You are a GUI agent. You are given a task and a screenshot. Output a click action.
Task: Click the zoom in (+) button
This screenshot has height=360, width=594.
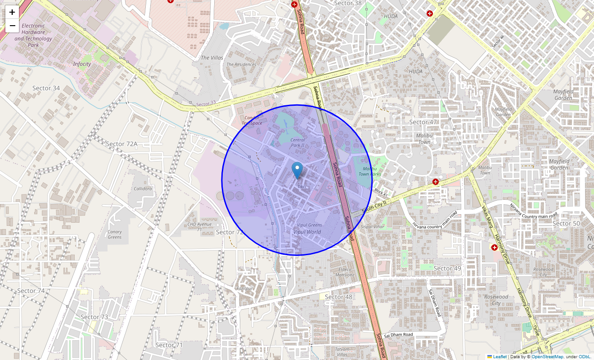click(12, 13)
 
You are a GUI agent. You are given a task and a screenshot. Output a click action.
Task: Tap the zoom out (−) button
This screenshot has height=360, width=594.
click(12, 26)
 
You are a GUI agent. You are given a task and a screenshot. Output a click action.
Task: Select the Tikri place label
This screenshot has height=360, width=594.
click(301, 186)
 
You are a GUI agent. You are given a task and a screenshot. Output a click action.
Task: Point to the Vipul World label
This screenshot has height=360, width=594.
click(307, 232)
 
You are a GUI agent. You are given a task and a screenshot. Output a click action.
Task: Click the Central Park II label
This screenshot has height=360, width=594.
click(297, 143)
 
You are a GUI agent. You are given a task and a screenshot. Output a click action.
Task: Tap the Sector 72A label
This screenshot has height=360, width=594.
click(121, 144)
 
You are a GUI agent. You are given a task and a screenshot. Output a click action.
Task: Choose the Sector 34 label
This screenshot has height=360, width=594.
click(46, 88)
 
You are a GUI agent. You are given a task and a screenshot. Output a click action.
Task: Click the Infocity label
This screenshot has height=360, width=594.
click(82, 64)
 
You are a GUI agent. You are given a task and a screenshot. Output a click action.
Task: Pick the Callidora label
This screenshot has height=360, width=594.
click(143, 189)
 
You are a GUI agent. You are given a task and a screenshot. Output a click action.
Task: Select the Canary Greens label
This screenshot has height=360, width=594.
click(115, 234)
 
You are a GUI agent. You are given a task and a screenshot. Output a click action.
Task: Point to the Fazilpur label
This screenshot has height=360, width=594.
click(245, 288)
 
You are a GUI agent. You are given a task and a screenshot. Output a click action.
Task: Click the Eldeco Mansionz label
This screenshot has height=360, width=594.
click(345, 272)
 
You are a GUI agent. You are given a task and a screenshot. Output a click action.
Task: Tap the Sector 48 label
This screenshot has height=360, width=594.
click(338, 297)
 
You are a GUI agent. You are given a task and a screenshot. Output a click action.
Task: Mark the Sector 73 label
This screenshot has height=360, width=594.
click(94, 317)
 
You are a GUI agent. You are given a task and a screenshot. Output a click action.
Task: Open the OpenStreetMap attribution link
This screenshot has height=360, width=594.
click(547, 357)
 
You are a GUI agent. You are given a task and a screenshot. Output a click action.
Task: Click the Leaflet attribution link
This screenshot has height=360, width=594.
click(499, 357)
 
